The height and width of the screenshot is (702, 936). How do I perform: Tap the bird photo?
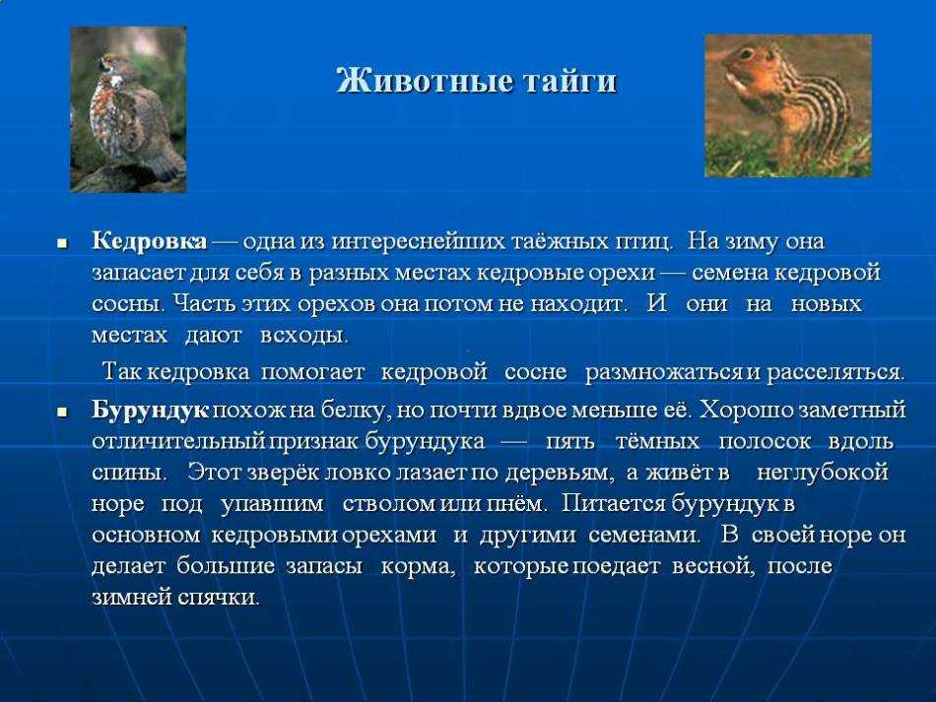[128, 109]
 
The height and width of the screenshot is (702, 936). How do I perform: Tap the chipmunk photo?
[788, 105]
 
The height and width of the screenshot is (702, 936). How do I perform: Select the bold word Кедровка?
[149, 241]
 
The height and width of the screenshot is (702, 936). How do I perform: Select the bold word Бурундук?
[151, 411]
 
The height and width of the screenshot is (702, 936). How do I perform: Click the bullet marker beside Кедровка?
[62, 243]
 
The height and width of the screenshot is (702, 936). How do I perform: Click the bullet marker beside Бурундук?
[62, 413]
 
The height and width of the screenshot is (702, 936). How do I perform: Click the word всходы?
[303, 336]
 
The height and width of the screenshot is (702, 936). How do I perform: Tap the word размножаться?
[664, 373]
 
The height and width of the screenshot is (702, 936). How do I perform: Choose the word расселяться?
[836, 373]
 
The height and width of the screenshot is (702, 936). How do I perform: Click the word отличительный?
[178, 442]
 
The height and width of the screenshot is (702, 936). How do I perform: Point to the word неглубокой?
[823, 473]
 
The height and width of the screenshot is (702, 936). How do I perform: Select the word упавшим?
[272, 504]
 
